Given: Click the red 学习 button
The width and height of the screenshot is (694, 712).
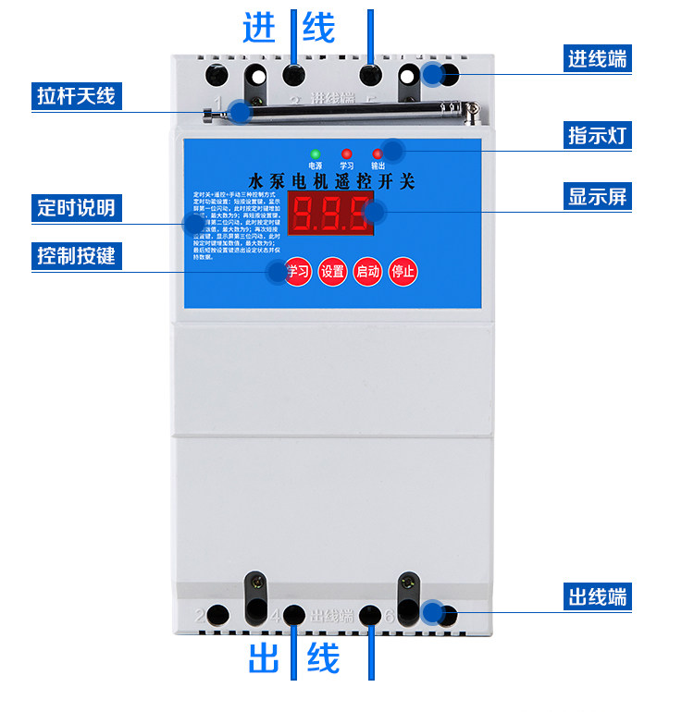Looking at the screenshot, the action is coord(297,271).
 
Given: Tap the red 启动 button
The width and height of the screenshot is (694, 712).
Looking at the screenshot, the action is coord(367,271).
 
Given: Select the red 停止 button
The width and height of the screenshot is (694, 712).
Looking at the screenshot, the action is coord(403,271).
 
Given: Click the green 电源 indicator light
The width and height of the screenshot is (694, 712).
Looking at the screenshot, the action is coord(316,153).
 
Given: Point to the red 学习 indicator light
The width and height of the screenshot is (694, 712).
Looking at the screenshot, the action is coord(347,153).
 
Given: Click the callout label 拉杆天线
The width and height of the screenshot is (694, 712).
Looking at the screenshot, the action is coord(77,95).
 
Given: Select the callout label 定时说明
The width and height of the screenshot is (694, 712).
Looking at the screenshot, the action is coord(77,207).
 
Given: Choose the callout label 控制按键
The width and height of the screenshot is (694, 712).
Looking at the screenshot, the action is coord(77,255).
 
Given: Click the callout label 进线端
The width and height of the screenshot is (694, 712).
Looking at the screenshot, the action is coord(598,58).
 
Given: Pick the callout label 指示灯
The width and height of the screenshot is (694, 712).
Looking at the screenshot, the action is coord(598,135).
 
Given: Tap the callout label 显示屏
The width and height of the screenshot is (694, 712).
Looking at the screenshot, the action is coord(598,196).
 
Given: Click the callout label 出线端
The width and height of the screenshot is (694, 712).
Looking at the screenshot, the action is coord(598,596).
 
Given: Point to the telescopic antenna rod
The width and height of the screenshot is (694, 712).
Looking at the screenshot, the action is coord(352,114).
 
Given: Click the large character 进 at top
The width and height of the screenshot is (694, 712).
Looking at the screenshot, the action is coord(261,28).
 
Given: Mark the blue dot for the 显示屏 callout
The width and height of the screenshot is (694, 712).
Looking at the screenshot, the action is coord(374,214).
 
